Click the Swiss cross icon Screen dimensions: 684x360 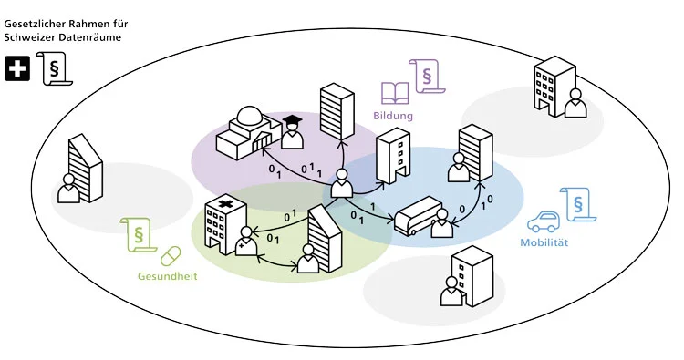click(17, 69)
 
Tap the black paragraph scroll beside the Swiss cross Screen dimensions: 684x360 click(55, 69)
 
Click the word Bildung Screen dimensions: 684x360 click(392, 116)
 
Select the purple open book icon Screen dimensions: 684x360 click(395, 93)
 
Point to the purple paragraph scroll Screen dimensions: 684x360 click(426, 77)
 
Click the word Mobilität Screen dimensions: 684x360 click(544, 242)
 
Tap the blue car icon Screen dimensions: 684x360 click(544, 222)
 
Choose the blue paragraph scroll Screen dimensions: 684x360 click(577, 205)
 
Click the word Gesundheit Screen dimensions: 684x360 click(168, 276)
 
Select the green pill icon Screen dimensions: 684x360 click(171, 256)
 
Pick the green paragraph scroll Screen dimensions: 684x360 click(139, 235)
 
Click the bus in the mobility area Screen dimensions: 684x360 click(418, 216)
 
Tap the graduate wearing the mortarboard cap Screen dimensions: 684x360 click(292, 132)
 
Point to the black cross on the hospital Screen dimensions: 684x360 click(225, 204)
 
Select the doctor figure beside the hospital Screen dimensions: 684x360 click(246, 241)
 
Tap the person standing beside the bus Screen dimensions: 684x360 click(442, 223)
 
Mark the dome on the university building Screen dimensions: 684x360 click(248, 117)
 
